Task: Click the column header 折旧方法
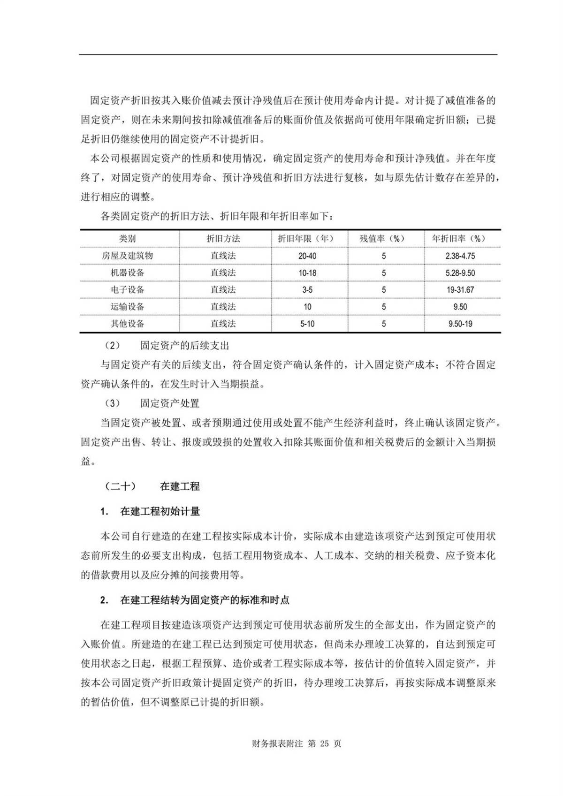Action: point(223,239)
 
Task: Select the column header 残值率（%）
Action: point(382,239)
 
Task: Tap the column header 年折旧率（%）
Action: point(459,239)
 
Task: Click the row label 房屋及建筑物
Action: point(127,256)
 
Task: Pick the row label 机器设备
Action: point(127,273)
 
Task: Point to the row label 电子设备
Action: point(127,290)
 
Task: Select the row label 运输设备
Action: point(127,307)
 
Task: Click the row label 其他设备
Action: point(127,324)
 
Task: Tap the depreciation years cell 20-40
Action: point(307,256)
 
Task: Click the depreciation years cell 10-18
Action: point(307,273)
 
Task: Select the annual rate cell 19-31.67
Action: point(460,290)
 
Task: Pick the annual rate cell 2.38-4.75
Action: point(460,256)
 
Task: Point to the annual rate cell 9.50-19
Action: point(460,324)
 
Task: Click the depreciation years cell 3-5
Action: point(307,290)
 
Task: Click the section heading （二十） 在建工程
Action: point(153,486)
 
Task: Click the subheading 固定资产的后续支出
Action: point(184,346)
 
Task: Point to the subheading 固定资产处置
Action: point(169,403)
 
